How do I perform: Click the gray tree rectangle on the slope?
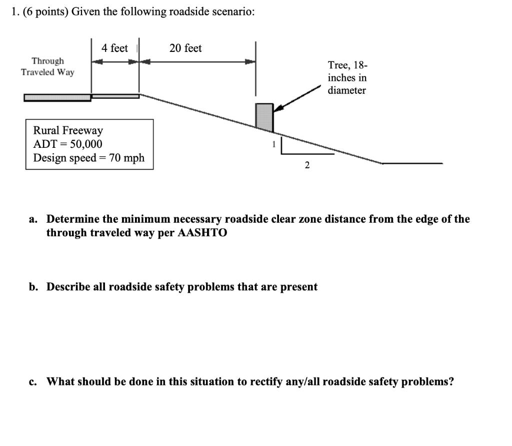264,117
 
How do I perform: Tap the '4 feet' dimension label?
114,48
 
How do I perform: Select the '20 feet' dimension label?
185,48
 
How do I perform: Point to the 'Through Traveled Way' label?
47,66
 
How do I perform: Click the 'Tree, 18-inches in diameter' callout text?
347,77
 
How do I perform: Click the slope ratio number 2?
307,166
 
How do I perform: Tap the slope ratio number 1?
273,144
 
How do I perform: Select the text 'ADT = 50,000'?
67,144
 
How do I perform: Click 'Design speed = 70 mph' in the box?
88,158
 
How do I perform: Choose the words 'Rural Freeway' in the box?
68,130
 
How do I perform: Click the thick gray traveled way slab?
57,97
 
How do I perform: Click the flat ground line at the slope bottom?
412,163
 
